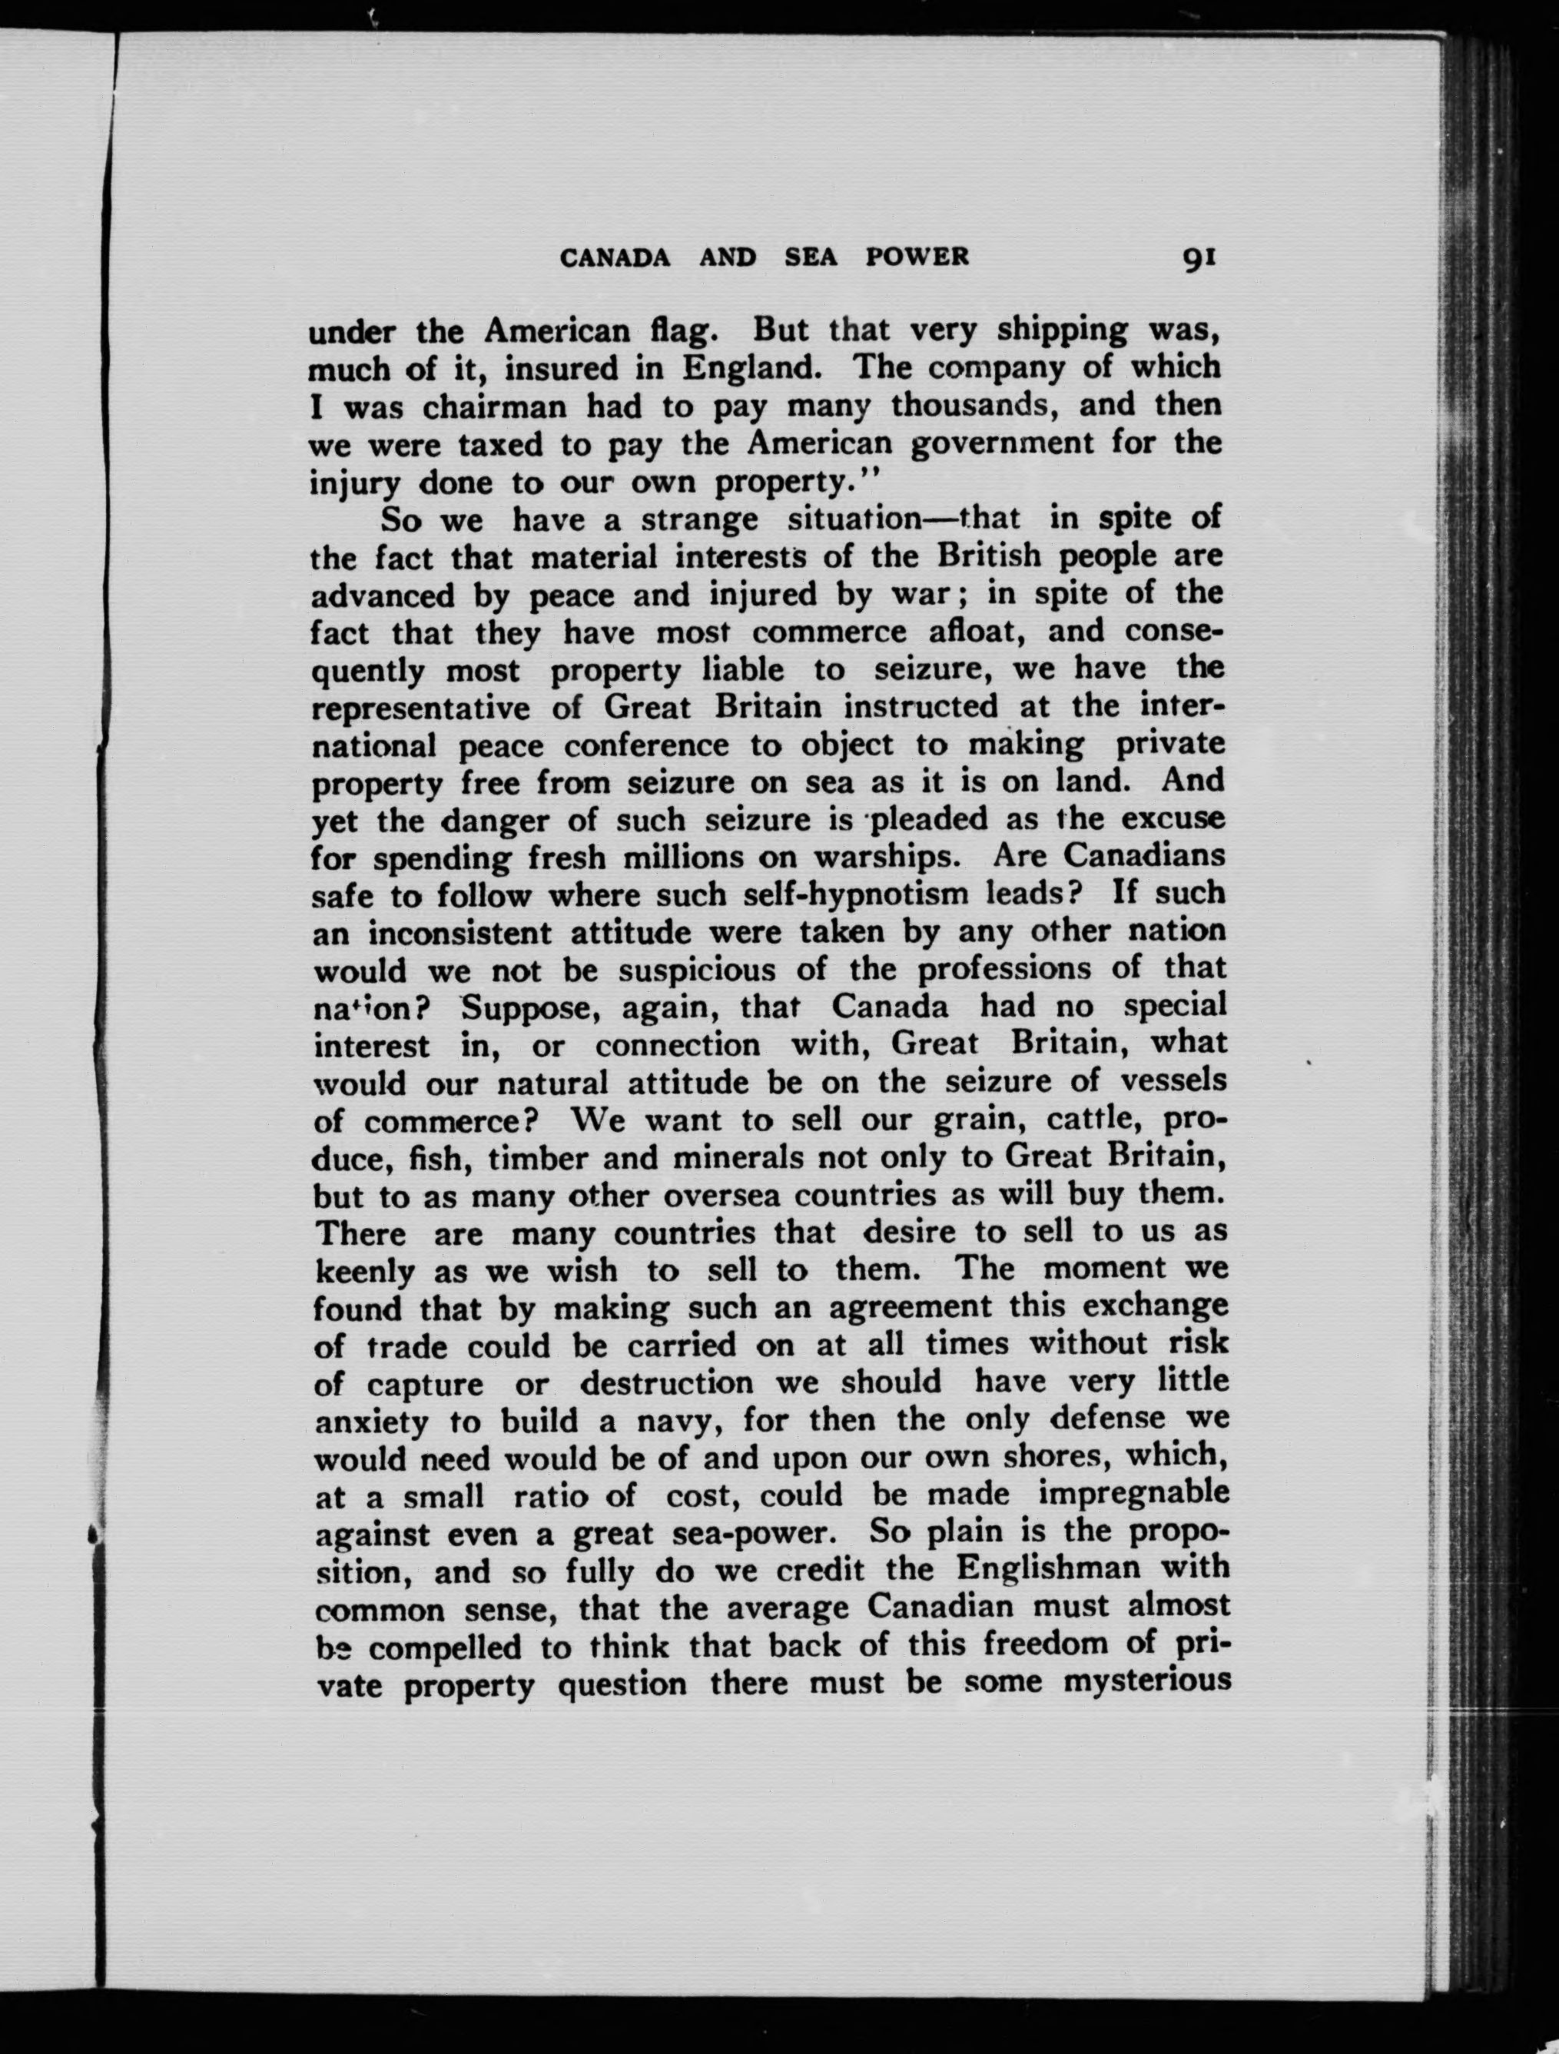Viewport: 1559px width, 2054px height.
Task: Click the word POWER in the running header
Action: coord(917,257)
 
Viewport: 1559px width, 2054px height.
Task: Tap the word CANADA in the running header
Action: coord(615,257)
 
